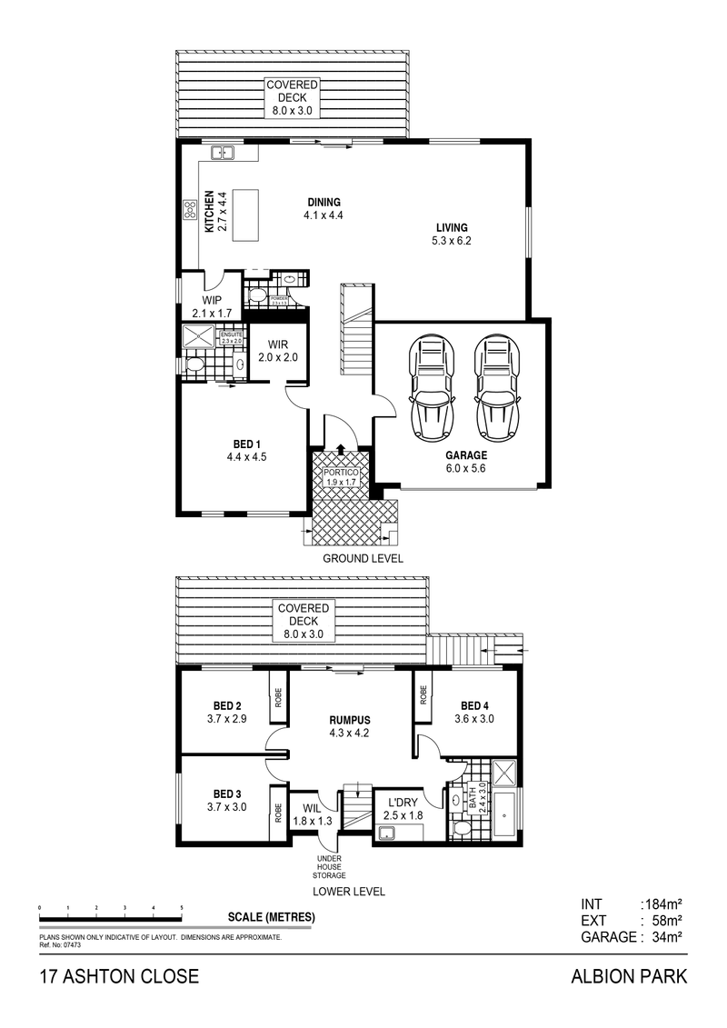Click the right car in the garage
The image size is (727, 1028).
click(x=495, y=385)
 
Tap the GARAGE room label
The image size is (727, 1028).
click(x=466, y=455)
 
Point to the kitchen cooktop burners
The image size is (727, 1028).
click(x=191, y=211)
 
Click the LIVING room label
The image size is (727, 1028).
click(x=452, y=227)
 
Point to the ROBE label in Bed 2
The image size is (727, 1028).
click(x=276, y=698)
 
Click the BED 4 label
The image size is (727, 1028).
click(x=475, y=705)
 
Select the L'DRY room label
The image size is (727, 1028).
click(x=403, y=803)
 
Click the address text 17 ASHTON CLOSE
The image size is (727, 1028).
click(x=117, y=979)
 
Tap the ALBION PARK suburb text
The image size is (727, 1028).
click(x=629, y=979)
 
